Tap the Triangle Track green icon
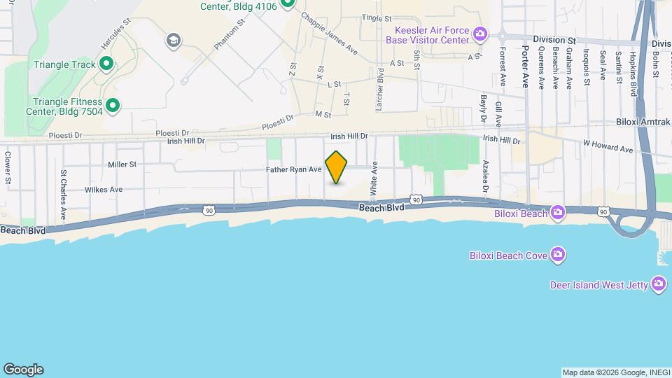point(106,65)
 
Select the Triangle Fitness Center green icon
point(112,106)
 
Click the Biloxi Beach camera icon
point(557,212)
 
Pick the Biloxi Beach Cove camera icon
point(557,254)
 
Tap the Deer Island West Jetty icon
point(658,283)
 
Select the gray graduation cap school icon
point(172,41)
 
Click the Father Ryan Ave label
point(293,169)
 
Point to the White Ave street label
point(374,178)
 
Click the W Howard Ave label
point(608,149)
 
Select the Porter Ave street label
point(526,67)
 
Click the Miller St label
point(122,164)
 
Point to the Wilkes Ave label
point(104,190)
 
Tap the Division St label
point(553,40)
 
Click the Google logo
point(23,370)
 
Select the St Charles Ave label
point(63,195)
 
